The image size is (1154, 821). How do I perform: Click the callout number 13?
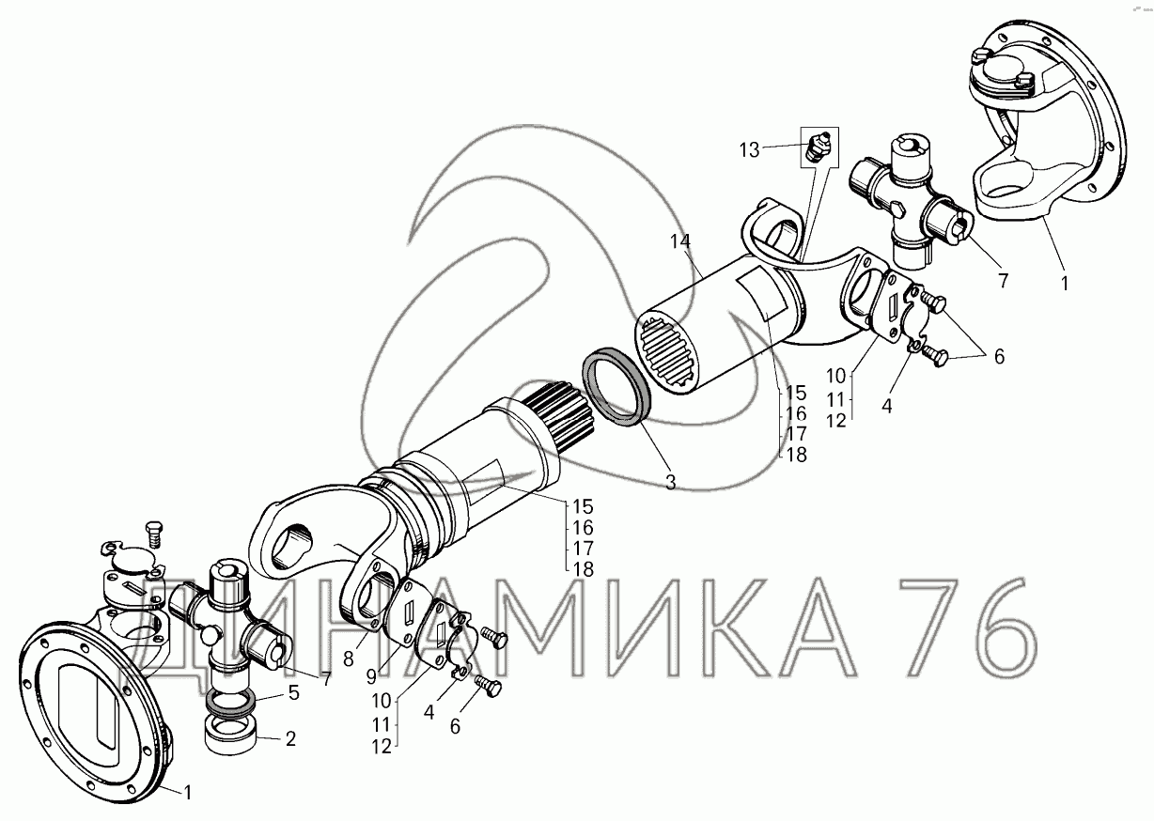[749, 150]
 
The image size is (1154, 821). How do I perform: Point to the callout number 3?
[670, 482]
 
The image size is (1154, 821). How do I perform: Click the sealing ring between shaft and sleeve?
[617, 386]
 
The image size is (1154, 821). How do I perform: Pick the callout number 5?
[293, 692]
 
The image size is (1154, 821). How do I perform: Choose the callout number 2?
[291, 739]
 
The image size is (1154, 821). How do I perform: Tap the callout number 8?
[349, 659]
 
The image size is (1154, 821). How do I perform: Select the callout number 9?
[372, 676]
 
